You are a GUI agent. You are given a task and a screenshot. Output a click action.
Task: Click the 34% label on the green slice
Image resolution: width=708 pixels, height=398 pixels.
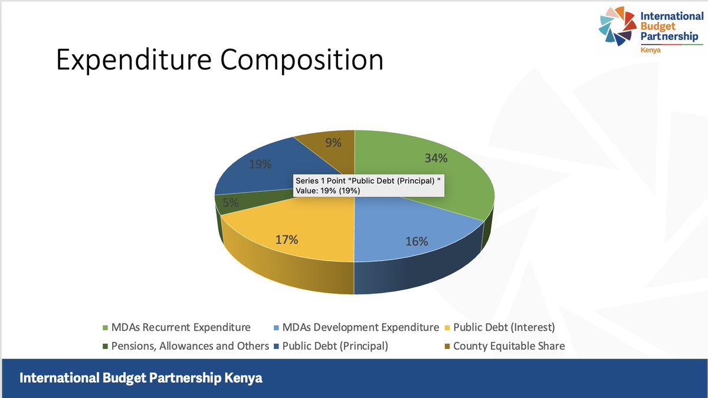point(437,158)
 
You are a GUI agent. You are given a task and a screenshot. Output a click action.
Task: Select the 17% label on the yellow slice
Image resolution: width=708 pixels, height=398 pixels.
point(287,239)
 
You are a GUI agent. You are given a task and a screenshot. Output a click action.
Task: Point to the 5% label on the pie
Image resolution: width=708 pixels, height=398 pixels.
point(230,202)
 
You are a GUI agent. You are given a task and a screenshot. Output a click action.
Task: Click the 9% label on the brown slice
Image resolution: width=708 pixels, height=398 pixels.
point(332,143)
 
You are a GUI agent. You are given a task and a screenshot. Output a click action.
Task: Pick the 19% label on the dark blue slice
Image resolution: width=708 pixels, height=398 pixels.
point(260,165)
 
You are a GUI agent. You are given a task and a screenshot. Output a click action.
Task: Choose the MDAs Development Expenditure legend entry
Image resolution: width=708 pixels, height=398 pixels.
point(360,327)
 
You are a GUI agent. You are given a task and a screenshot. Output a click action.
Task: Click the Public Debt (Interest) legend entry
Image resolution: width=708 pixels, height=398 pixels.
point(504,327)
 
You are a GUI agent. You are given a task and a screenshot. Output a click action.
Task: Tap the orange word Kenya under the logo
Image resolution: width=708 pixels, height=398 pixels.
point(651,51)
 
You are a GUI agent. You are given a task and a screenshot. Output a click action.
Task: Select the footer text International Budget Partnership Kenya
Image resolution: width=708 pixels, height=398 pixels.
point(142,378)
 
